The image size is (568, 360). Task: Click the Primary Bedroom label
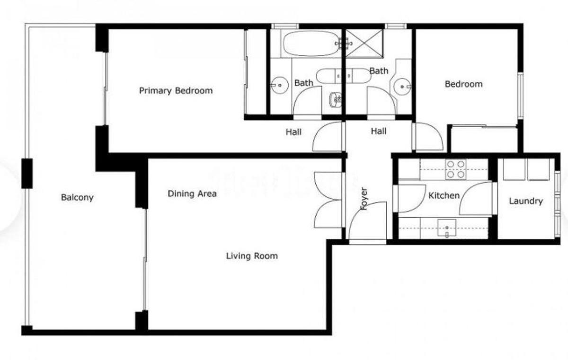[176, 91]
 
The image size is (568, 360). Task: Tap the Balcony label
[77, 197]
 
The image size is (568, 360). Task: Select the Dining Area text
[192, 193]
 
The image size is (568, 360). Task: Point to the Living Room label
[252, 256]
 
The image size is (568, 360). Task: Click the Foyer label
[364, 199]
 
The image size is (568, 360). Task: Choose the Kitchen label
[444, 195]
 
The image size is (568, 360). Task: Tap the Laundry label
[526, 201]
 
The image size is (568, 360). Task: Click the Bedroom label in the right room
[463, 84]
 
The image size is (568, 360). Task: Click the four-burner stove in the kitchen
[456, 169]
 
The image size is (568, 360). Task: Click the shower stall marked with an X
[364, 44]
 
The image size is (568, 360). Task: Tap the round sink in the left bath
[279, 85]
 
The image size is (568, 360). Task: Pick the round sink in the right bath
[402, 87]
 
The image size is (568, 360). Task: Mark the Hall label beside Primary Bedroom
[293, 132]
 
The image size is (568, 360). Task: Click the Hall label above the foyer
[379, 131]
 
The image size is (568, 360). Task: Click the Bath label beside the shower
[379, 70]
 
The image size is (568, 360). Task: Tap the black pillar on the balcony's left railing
[27, 174]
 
